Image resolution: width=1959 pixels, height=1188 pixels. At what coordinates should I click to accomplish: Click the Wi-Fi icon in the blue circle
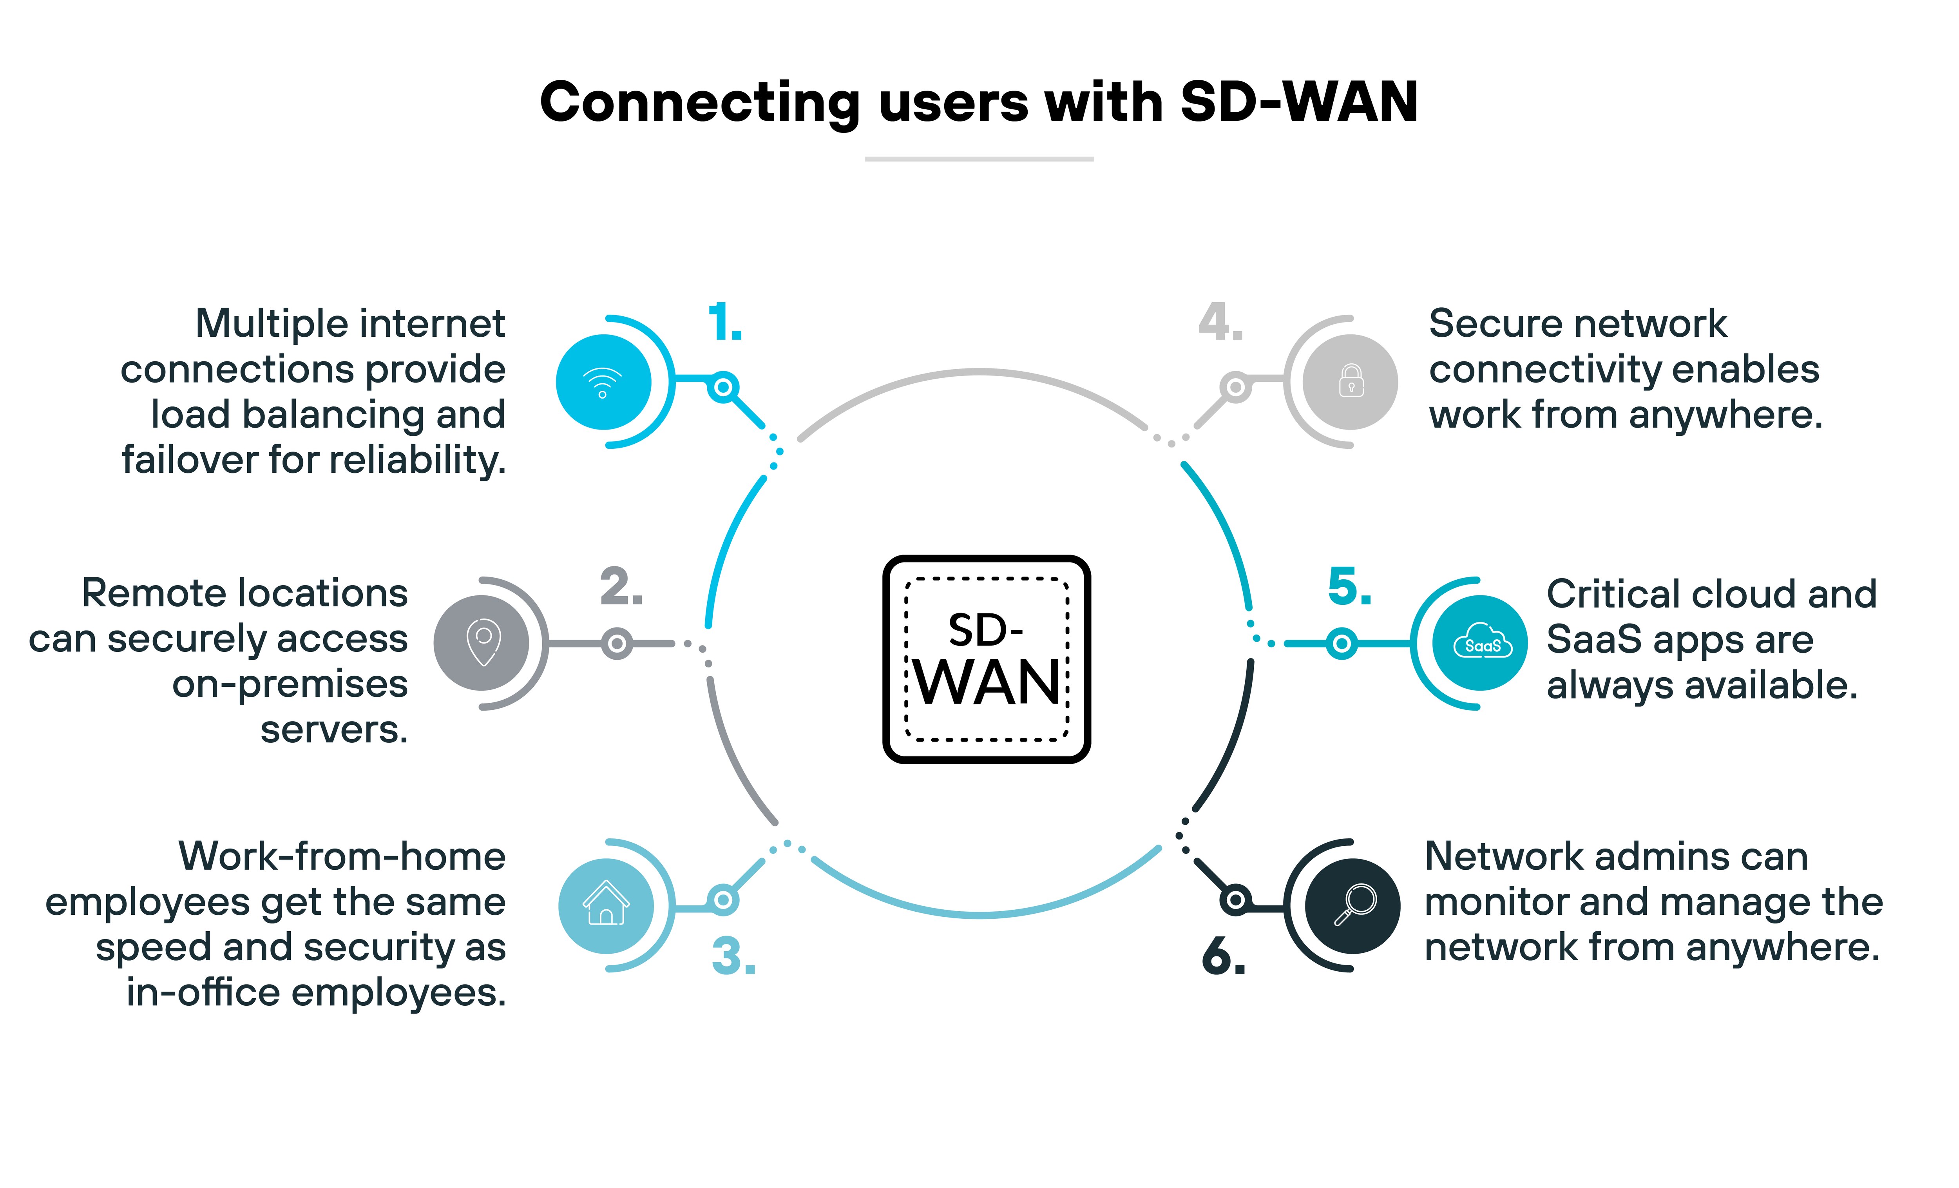(x=603, y=383)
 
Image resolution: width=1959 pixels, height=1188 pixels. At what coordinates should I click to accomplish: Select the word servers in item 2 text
(x=334, y=729)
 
